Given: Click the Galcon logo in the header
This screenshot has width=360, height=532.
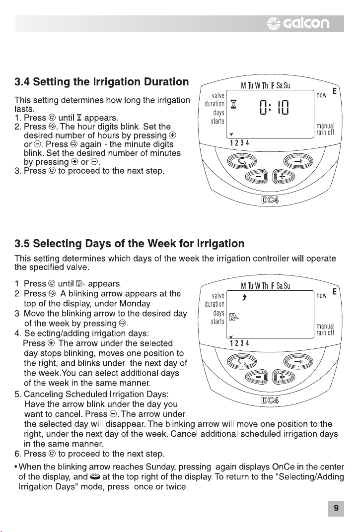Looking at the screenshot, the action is coord(298,23).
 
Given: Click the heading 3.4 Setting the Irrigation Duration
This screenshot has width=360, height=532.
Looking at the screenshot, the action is coord(102,82).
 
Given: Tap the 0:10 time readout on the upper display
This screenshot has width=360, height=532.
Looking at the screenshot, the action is coord(274,108).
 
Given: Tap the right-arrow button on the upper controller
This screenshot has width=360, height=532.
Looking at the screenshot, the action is coord(298,161).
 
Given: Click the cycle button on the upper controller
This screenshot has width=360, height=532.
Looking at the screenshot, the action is coord(242,161).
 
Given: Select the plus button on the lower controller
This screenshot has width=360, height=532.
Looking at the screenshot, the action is coord(284,377).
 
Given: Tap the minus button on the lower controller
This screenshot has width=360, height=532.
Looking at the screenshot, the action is coord(257,377).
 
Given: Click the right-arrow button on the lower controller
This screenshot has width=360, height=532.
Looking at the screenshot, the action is coord(298,362).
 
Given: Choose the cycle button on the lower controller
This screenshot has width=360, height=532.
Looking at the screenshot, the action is coord(242,362).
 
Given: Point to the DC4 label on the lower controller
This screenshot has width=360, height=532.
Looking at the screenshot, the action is coord(270,400).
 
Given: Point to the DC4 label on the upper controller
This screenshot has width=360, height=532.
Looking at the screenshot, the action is coord(270,200).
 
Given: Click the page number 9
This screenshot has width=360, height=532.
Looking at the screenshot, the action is coord(336,508).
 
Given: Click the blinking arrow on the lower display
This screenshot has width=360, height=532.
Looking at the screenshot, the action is coord(244,298).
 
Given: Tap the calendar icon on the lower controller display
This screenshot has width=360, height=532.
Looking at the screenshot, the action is coord(234,317).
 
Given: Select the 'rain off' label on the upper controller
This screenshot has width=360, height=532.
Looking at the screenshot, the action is coord(325,133).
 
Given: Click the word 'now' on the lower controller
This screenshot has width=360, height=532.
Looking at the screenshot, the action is coord(322,295).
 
